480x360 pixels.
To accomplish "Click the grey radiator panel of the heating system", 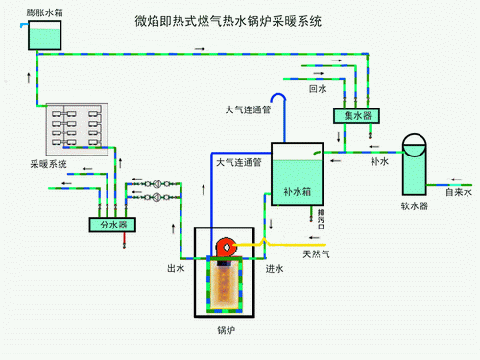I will [76, 128].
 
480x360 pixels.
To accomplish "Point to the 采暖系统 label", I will [48, 165].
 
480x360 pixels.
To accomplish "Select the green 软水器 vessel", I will [415, 164].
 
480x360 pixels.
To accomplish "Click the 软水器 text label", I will [415, 206].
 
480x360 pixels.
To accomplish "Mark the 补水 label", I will [379, 162].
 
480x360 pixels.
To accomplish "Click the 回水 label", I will [318, 89].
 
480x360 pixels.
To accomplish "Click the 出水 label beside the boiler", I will [177, 269].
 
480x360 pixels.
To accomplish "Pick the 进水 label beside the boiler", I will [274, 269].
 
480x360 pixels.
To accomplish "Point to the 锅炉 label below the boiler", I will [226, 331].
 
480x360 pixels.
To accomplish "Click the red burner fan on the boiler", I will [226, 248].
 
